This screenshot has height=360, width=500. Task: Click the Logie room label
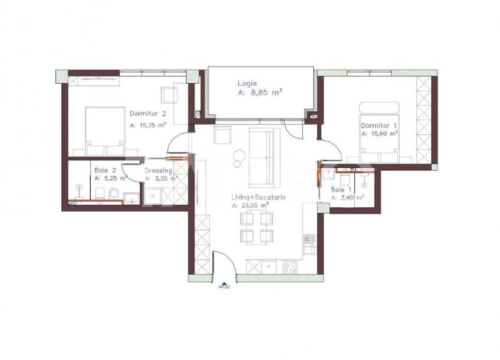click(x=247, y=83)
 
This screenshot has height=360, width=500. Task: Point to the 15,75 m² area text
click(x=151, y=125)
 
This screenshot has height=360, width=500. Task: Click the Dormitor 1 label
click(x=375, y=125)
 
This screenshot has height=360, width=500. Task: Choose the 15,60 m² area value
click(x=382, y=134)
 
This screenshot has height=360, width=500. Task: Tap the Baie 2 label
click(x=105, y=170)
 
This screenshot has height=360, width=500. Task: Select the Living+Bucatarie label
click(x=259, y=198)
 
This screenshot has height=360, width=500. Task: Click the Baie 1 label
click(x=340, y=190)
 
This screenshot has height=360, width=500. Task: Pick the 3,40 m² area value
click(x=352, y=198)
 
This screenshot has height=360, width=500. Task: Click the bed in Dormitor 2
click(x=105, y=130)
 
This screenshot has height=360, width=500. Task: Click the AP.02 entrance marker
click(x=224, y=286)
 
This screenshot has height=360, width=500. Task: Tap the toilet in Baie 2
click(x=112, y=194)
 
